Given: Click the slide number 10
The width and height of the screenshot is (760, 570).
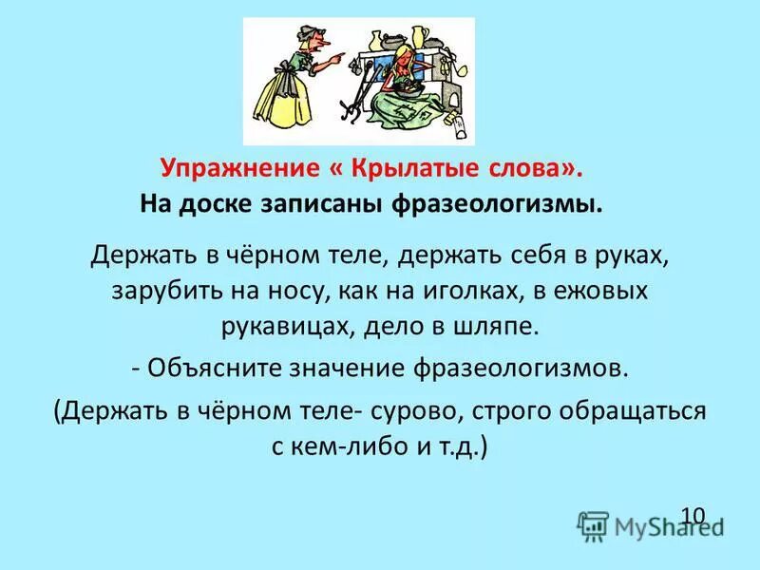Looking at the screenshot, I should [x=693, y=515].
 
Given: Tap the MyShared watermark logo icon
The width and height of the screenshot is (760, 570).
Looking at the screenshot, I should [x=594, y=524].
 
